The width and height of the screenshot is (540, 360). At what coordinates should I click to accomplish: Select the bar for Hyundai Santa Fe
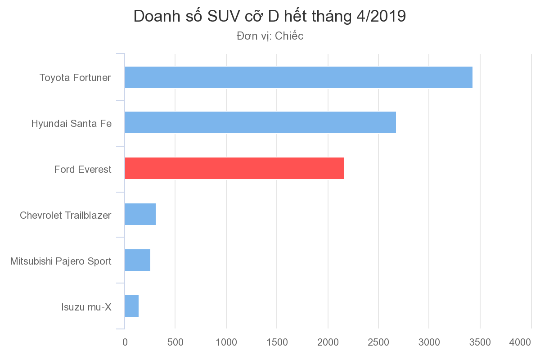click(260, 122)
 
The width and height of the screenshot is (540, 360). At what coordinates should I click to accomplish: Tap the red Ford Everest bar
click(234, 168)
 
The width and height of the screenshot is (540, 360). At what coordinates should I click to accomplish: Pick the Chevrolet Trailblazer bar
click(140, 214)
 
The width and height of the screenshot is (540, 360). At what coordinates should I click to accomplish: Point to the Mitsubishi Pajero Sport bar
click(137, 260)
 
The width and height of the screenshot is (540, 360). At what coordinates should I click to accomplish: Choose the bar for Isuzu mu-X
click(131, 306)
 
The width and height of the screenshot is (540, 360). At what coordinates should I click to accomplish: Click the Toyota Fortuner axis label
click(75, 77)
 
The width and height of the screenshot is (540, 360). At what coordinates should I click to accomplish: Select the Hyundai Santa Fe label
click(71, 123)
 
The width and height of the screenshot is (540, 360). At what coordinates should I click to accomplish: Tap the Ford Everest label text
click(83, 170)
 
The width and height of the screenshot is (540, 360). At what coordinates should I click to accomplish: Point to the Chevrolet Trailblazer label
click(66, 215)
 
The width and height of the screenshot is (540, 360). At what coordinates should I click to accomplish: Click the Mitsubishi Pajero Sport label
click(61, 261)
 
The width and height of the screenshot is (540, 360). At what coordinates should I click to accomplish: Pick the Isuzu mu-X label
click(86, 307)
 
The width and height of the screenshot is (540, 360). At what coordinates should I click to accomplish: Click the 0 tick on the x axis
click(125, 342)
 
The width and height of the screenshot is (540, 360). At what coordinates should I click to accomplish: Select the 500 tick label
click(175, 342)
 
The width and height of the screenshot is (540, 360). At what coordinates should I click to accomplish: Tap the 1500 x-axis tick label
click(277, 342)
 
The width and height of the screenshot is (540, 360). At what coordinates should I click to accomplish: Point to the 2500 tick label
click(378, 342)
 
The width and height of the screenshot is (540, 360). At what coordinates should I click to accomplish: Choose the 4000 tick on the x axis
click(520, 342)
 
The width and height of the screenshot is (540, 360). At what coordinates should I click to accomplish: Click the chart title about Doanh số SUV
click(270, 17)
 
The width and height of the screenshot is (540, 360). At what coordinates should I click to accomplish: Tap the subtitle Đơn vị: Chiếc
click(270, 36)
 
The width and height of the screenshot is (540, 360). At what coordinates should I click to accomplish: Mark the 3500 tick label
click(480, 342)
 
